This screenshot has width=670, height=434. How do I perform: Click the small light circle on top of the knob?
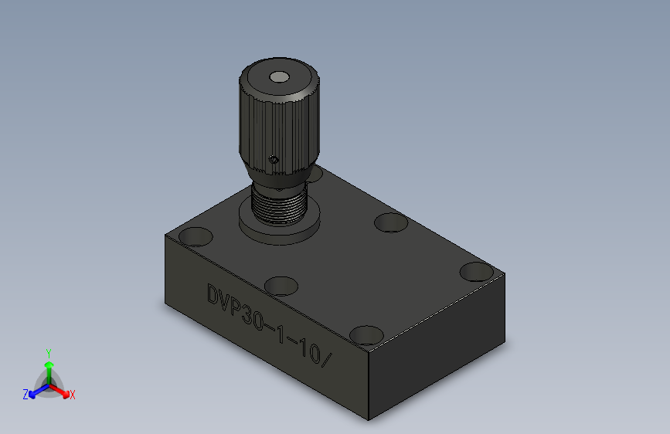click(280, 77)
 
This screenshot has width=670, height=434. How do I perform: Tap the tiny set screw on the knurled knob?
click(274, 160)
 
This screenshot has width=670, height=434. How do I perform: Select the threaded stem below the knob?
click(280, 204)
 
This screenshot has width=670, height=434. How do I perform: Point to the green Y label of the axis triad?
click(49, 354)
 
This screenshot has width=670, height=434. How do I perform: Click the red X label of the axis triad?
click(72, 395)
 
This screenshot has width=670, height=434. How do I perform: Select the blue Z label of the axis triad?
click(26, 394)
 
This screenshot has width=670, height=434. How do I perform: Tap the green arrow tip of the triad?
click(49, 365)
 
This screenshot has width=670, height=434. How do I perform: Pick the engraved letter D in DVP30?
click(213, 294)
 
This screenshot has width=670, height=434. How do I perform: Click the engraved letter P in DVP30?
click(236, 307)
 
